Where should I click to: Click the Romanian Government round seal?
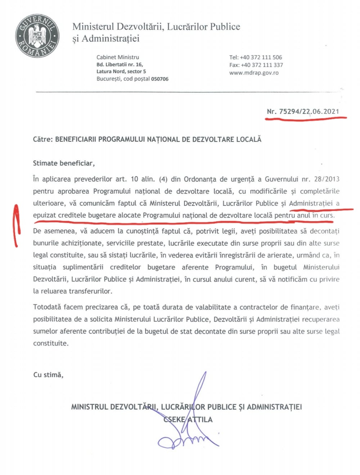(37, 36)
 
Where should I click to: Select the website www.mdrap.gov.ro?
(254, 73)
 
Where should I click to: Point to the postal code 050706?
(159, 79)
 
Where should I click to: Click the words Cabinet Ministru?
(117, 57)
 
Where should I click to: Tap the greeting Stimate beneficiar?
(64, 163)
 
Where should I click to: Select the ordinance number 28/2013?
(327, 179)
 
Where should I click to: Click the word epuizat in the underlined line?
(44, 216)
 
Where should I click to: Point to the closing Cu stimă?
(48, 375)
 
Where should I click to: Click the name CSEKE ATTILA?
(188, 420)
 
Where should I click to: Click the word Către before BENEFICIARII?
(43, 139)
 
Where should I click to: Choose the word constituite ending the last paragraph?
(50, 343)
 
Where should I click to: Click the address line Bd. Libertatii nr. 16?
(120, 64)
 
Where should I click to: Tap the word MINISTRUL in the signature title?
(89, 407)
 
